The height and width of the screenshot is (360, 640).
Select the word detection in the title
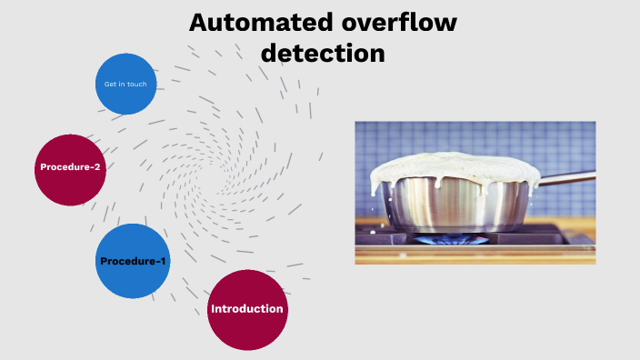coord(323,53)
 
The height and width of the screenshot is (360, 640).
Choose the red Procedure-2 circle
coord(70,167)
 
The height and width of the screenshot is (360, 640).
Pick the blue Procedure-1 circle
coord(133,261)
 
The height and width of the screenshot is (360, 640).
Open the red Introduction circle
coord(247,309)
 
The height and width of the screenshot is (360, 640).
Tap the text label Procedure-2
coord(70,167)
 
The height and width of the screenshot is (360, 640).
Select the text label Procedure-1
coord(133,262)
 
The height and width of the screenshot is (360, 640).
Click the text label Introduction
coord(247,309)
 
